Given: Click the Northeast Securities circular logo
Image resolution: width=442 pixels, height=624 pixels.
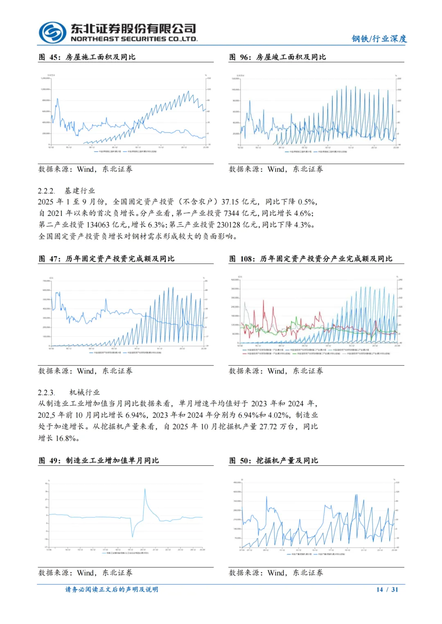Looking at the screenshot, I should click(52, 32).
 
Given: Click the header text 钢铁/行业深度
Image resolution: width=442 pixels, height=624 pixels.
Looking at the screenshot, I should click(379, 39).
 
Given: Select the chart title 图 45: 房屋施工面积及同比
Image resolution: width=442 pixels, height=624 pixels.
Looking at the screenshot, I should click(87, 57).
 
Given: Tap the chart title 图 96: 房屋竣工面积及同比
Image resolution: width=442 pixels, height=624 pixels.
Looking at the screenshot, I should click(277, 57).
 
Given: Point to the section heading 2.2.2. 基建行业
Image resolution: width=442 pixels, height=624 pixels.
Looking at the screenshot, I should click(66, 191).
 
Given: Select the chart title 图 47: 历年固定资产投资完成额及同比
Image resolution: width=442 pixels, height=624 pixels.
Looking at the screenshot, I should click(106, 259).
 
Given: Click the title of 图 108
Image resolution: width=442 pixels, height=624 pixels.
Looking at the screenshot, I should click(311, 259).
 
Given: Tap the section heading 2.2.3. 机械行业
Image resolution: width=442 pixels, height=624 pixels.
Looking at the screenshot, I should click(69, 393).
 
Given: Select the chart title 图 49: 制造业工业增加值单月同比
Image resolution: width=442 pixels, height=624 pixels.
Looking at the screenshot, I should click(99, 461).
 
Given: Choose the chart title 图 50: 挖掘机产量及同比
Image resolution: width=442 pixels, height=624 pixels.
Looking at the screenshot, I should click(273, 461).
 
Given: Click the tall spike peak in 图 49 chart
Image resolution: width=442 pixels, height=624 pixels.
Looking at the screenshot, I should click(144, 489).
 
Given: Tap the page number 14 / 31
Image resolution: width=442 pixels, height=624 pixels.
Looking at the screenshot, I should click(387, 590).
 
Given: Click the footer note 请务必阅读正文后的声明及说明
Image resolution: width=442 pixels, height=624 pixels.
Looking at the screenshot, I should click(112, 590).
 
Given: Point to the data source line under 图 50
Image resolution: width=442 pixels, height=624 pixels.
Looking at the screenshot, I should click(276, 573).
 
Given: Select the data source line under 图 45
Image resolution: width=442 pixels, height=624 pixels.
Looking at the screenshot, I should click(86, 169).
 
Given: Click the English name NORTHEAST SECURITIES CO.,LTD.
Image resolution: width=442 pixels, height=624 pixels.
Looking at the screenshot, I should click(134, 39).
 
